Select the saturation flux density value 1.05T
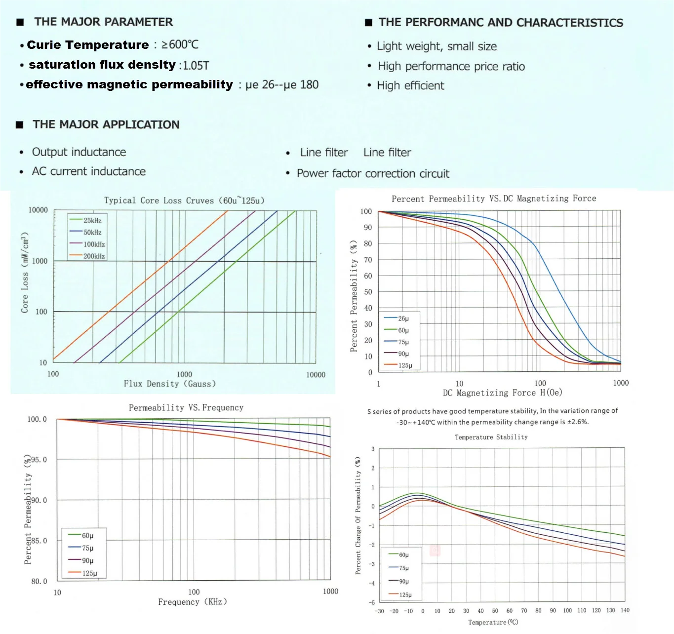pos(196,66)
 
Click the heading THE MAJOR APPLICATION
pos(106,124)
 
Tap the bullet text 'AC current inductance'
pos(89,171)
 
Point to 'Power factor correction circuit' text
pos(373,174)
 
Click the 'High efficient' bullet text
pos(410,86)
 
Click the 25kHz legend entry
pos(92,221)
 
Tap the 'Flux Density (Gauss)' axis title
pos(169,384)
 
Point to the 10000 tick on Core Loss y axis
pos(38,210)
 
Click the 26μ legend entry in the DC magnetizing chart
pos(403,318)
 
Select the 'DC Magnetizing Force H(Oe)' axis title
pos(502,393)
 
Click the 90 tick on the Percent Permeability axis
pos(367,228)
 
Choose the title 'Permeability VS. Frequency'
pos(186,408)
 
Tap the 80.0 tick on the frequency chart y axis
pos(39,581)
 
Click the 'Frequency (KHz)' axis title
pos(193,602)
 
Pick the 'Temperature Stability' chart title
pos(491,437)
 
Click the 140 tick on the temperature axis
pos(625,611)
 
